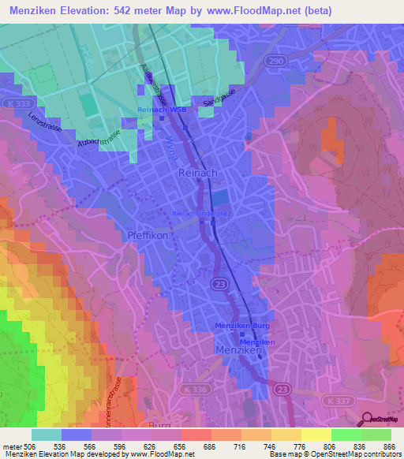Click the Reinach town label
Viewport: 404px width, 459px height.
coord(198,173)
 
